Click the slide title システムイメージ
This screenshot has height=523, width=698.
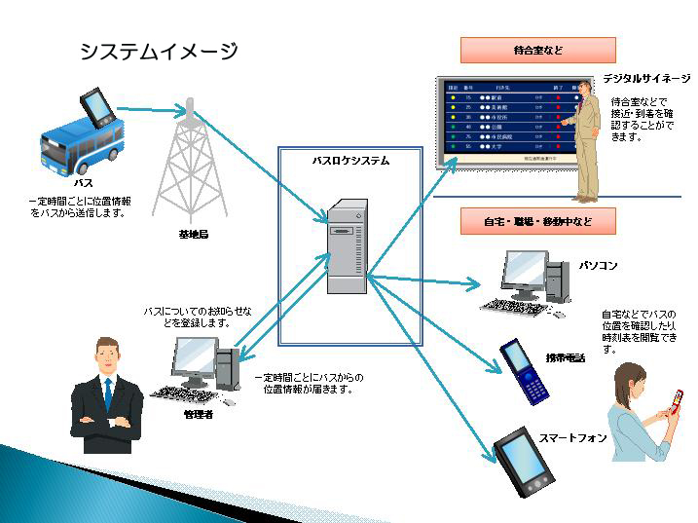159,52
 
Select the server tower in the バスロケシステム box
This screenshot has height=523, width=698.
348,245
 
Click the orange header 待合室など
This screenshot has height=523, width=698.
537,50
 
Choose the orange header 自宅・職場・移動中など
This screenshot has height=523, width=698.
537,222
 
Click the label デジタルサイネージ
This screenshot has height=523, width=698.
645,77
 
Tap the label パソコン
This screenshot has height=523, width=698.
599,265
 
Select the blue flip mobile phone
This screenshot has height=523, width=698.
523,371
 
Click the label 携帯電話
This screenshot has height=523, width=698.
566,358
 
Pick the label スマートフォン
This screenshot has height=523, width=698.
573,437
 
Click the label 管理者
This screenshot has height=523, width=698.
198,415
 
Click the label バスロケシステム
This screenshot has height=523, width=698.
350,160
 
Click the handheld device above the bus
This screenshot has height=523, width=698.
98,107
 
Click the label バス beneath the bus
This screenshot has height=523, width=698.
84,182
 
